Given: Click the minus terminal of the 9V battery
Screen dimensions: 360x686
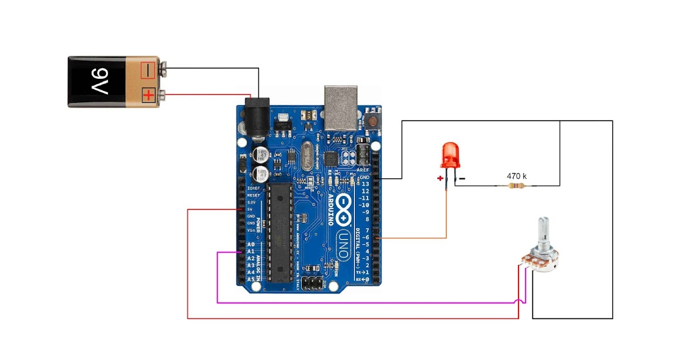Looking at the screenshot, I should (x=148, y=71).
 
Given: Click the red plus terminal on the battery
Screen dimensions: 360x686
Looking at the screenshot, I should (x=148, y=95).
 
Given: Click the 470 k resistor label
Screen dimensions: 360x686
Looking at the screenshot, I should (x=517, y=176).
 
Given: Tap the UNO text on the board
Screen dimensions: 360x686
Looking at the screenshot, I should (x=342, y=243).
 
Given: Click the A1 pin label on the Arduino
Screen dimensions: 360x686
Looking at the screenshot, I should (x=250, y=251).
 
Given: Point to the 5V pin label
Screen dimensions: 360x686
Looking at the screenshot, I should (x=250, y=209).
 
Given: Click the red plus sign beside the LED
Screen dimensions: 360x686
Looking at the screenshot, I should (x=440, y=178).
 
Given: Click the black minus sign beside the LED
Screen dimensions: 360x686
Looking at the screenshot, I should (x=462, y=178).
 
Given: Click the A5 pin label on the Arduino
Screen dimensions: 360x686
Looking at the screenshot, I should (x=250, y=279).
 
